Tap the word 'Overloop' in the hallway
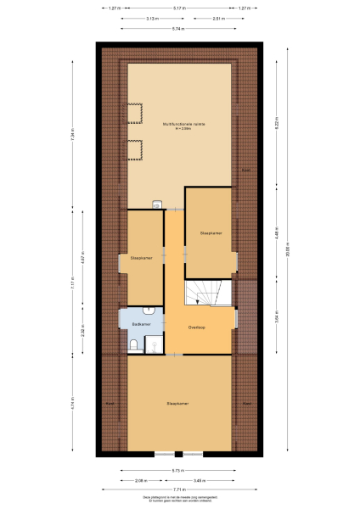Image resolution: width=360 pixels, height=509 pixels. coord(197,327)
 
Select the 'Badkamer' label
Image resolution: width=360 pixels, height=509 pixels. coord(142,325)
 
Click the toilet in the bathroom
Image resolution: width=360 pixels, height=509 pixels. coord(134,343)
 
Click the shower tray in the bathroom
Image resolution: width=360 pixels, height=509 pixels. coord(154,344)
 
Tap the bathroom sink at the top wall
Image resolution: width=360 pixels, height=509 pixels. coord(149,310)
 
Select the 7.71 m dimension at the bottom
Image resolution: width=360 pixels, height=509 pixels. coord(178,490)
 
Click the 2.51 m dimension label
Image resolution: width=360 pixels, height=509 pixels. coord(218,18)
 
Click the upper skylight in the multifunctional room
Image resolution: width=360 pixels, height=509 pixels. coord(134,113)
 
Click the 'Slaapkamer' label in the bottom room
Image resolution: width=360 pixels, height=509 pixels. coord(177,403)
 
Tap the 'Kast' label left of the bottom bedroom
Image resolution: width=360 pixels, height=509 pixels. coord(110,403)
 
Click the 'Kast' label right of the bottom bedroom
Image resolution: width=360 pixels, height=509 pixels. coord(247,403)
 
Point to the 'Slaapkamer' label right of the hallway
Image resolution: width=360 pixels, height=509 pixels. coord(210,232)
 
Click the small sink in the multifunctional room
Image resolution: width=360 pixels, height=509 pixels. coord(157,204)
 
